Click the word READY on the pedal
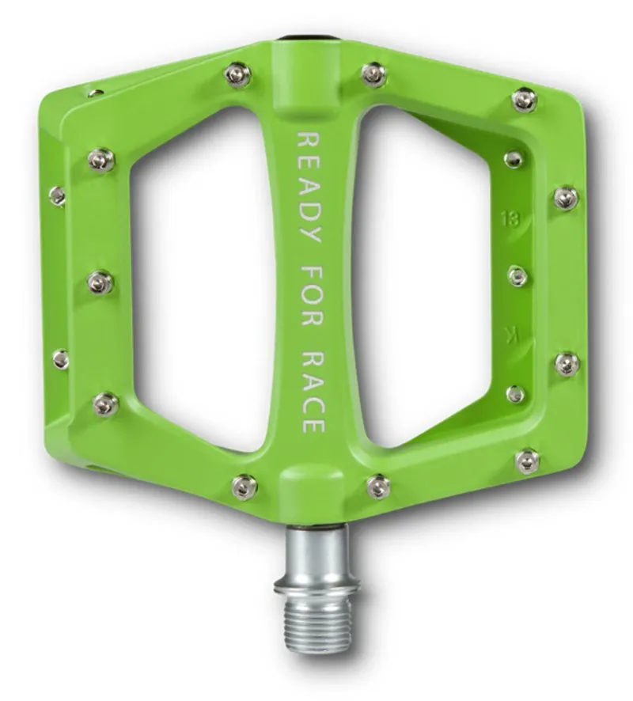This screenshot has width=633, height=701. coord(309,183)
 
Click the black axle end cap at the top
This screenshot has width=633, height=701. coord(304,36)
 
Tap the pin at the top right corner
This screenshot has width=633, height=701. coord(524,100)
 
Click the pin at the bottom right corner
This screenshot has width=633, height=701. coord(527,460)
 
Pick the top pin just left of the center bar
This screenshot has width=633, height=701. coord(237,75)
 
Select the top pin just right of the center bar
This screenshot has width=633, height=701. coord(373,74)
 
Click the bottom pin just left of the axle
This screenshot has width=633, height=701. coord(244,486)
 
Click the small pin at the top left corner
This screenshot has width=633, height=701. coord(96,93)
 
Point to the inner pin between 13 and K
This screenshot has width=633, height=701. coord(517,276)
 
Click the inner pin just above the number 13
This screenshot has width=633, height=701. coord(514,160)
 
